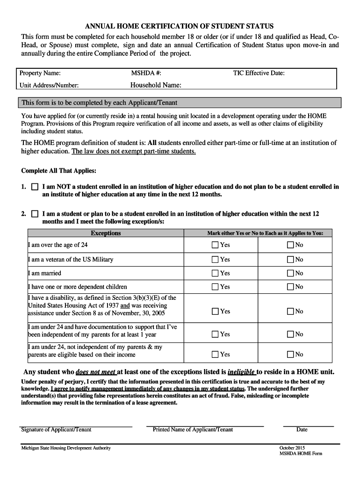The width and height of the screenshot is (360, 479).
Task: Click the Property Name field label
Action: click(40, 73)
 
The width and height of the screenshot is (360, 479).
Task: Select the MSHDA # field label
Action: click(146, 73)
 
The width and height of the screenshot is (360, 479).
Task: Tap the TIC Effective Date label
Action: click(259, 73)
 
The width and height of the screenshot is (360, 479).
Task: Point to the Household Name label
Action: click(156, 85)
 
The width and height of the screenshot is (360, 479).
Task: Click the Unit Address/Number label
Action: click(49, 85)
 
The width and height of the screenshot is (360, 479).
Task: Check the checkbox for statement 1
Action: click(35, 187)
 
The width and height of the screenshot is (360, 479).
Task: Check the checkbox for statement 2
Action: click(35, 214)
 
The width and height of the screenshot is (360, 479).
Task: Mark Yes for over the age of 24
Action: click(215, 245)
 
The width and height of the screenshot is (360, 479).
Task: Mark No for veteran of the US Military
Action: click(290, 259)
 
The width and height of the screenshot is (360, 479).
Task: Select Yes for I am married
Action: click(215, 273)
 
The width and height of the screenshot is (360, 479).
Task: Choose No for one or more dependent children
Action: click(290, 287)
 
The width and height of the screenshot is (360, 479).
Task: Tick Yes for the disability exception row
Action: click(215, 311)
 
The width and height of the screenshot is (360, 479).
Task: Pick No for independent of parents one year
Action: click(290, 334)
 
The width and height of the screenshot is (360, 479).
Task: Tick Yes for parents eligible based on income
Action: click(215, 355)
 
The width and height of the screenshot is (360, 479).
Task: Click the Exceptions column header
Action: click(106, 233)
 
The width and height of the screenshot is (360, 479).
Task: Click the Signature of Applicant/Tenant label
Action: click(56, 429)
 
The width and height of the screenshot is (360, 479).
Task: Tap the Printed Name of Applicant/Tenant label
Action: click(193, 429)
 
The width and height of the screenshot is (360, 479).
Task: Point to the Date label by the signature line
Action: click(302, 429)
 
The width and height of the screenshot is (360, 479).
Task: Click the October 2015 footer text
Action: click(292, 448)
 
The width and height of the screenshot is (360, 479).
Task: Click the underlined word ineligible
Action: click(241, 372)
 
